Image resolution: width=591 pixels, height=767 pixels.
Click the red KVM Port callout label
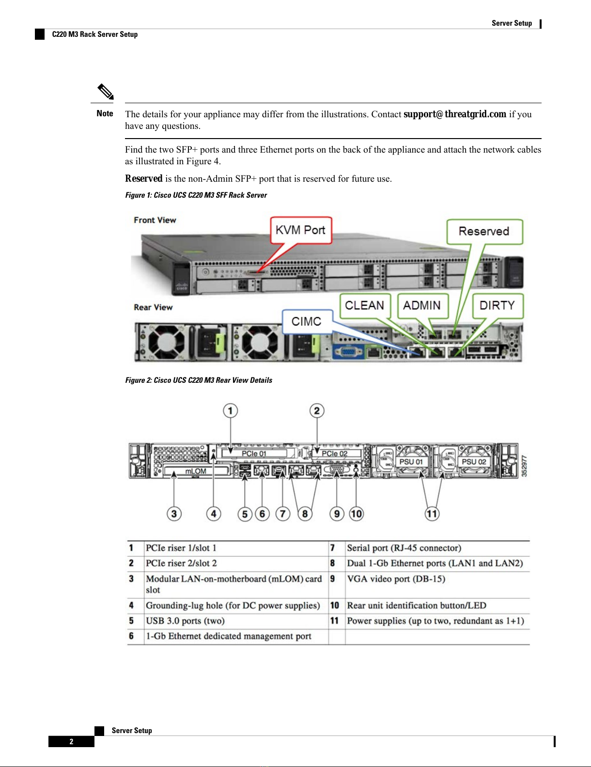pyautogui.click(x=300, y=230)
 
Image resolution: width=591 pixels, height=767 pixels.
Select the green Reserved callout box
pyautogui.click(x=484, y=232)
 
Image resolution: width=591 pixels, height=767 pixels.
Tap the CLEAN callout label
pyautogui.click(x=364, y=305)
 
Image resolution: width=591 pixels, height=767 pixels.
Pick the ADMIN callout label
pyautogui.click(x=422, y=305)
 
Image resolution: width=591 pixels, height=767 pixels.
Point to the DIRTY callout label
pyautogui.click(x=497, y=305)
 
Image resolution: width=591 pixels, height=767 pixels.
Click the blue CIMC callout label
pyautogui.click(x=306, y=321)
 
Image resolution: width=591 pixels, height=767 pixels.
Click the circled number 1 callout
pyautogui.click(x=231, y=411)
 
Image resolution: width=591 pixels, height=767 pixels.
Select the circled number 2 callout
pyautogui.click(x=317, y=411)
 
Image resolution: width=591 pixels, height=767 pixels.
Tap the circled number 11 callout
pyautogui.click(x=432, y=514)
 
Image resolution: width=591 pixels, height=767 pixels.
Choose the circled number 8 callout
pyautogui.click(x=305, y=514)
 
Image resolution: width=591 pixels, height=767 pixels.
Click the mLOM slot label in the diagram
pyautogui.click(x=196, y=471)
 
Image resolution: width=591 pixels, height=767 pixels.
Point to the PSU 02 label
pyautogui.click(x=473, y=462)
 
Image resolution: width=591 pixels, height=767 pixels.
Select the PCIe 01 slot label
pyautogui.click(x=254, y=454)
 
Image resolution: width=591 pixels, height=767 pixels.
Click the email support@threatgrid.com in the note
pyautogui.click(x=455, y=114)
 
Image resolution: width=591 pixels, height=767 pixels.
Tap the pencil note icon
pyautogui.click(x=105, y=92)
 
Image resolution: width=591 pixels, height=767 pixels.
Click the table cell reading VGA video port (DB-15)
pyautogui.click(x=396, y=579)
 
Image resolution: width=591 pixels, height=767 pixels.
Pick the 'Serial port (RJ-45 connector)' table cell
pyautogui.click(x=404, y=548)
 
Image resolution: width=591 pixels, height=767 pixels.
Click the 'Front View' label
pyautogui.click(x=155, y=220)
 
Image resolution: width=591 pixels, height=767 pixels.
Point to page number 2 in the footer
pyautogui.click(x=71, y=741)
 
